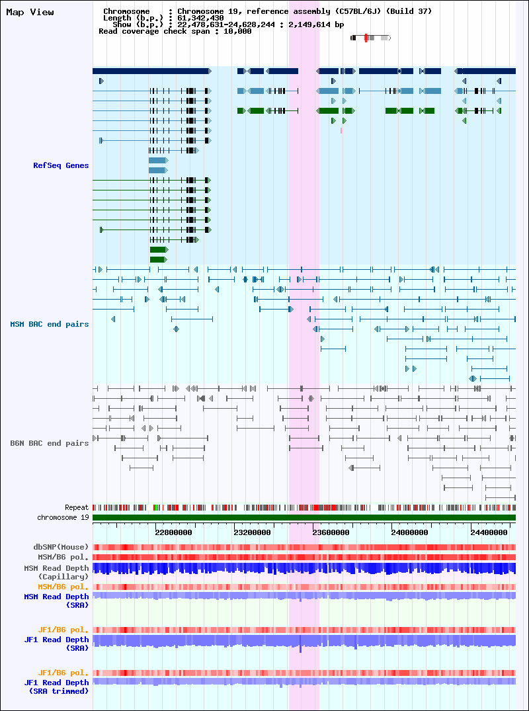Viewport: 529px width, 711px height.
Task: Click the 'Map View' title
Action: click(x=30, y=13)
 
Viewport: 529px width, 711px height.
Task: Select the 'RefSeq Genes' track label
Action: click(x=61, y=165)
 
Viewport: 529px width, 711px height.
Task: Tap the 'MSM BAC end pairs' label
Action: click(x=50, y=324)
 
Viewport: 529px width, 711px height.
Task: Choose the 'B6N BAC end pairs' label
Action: click(x=50, y=443)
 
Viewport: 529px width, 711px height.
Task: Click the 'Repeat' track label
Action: click(x=77, y=507)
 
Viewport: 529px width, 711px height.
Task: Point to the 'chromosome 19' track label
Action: click(x=63, y=517)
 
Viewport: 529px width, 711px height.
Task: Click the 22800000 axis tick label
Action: click(x=174, y=533)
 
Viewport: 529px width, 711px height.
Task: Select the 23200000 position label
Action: click(x=253, y=533)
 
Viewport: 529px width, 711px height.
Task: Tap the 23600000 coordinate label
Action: click(x=331, y=533)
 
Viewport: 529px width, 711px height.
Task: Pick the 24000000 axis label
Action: click(x=410, y=533)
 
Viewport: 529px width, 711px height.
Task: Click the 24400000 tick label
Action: click(x=489, y=533)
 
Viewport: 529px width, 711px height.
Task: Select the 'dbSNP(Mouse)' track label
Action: click(x=63, y=548)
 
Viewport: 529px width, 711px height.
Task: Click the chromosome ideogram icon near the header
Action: click(x=370, y=38)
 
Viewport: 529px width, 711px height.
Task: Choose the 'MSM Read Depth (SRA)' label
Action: click(x=56, y=601)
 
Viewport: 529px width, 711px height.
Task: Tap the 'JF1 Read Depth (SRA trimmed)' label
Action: click(x=56, y=687)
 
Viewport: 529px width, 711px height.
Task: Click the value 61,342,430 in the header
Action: click(x=200, y=18)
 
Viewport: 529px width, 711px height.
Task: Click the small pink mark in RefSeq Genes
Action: click(x=341, y=130)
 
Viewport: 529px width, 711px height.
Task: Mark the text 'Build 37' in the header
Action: click(x=411, y=11)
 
